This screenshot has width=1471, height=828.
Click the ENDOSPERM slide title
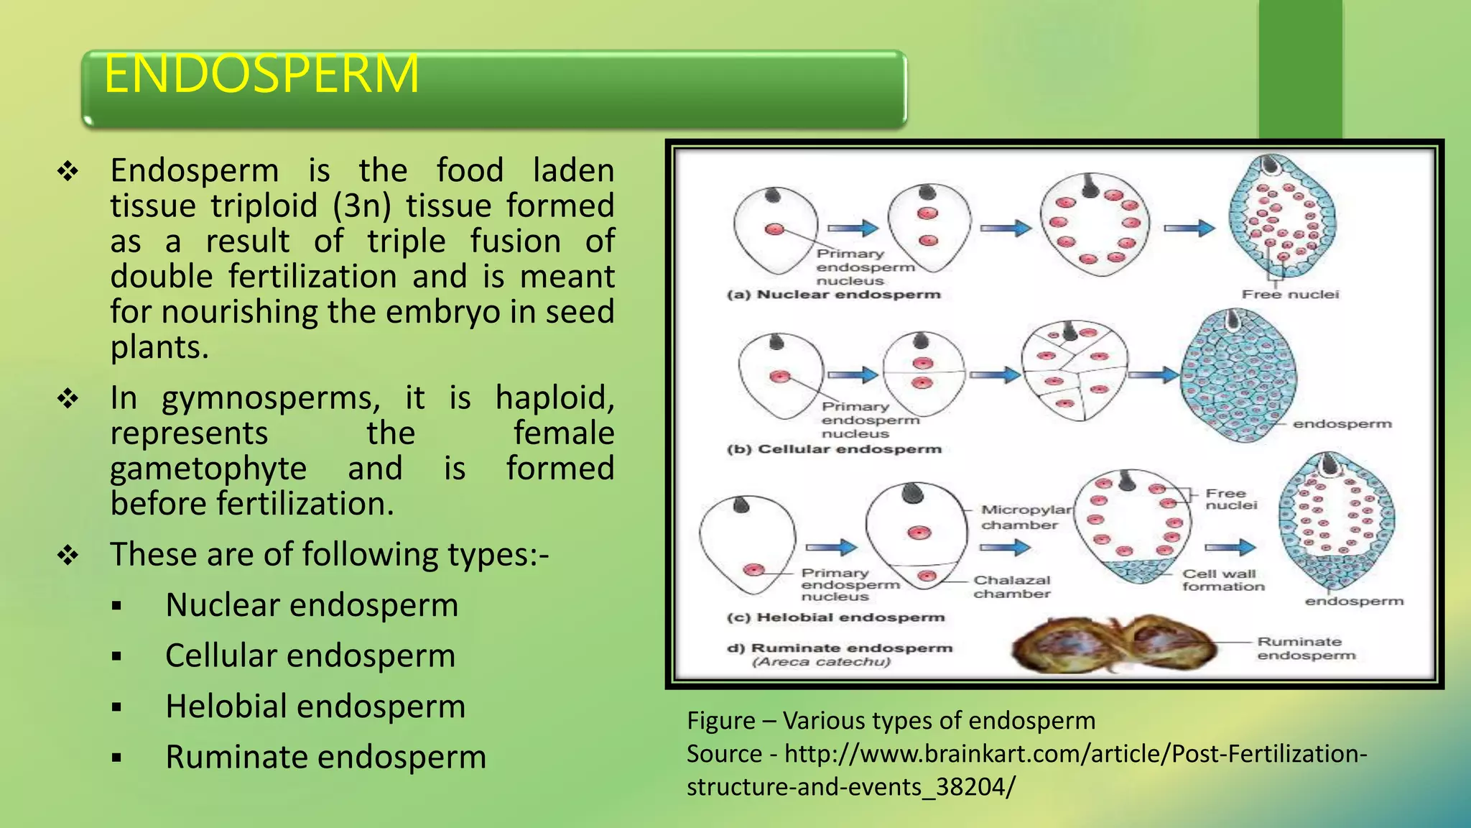click(261, 74)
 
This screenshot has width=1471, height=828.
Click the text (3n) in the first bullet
click(362, 206)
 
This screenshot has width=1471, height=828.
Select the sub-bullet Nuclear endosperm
click(312, 605)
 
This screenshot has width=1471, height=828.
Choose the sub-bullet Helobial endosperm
click(315, 707)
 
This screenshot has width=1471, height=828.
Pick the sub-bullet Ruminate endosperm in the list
click(325, 758)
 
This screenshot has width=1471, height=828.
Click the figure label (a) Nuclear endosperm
click(834, 295)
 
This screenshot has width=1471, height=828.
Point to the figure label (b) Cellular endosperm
click(834, 449)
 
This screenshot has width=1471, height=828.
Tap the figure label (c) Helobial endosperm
click(836, 617)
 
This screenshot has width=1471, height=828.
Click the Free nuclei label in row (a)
click(1290, 295)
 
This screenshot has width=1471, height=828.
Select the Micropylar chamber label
click(1025, 517)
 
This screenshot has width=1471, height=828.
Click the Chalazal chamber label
click(1012, 586)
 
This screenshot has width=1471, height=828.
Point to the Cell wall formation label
click(1222, 580)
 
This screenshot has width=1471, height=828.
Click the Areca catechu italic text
click(821, 662)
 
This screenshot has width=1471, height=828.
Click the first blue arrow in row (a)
click(853, 229)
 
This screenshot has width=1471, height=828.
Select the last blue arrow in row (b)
click(1153, 374)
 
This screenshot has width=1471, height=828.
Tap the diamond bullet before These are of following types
click(68, 555)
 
